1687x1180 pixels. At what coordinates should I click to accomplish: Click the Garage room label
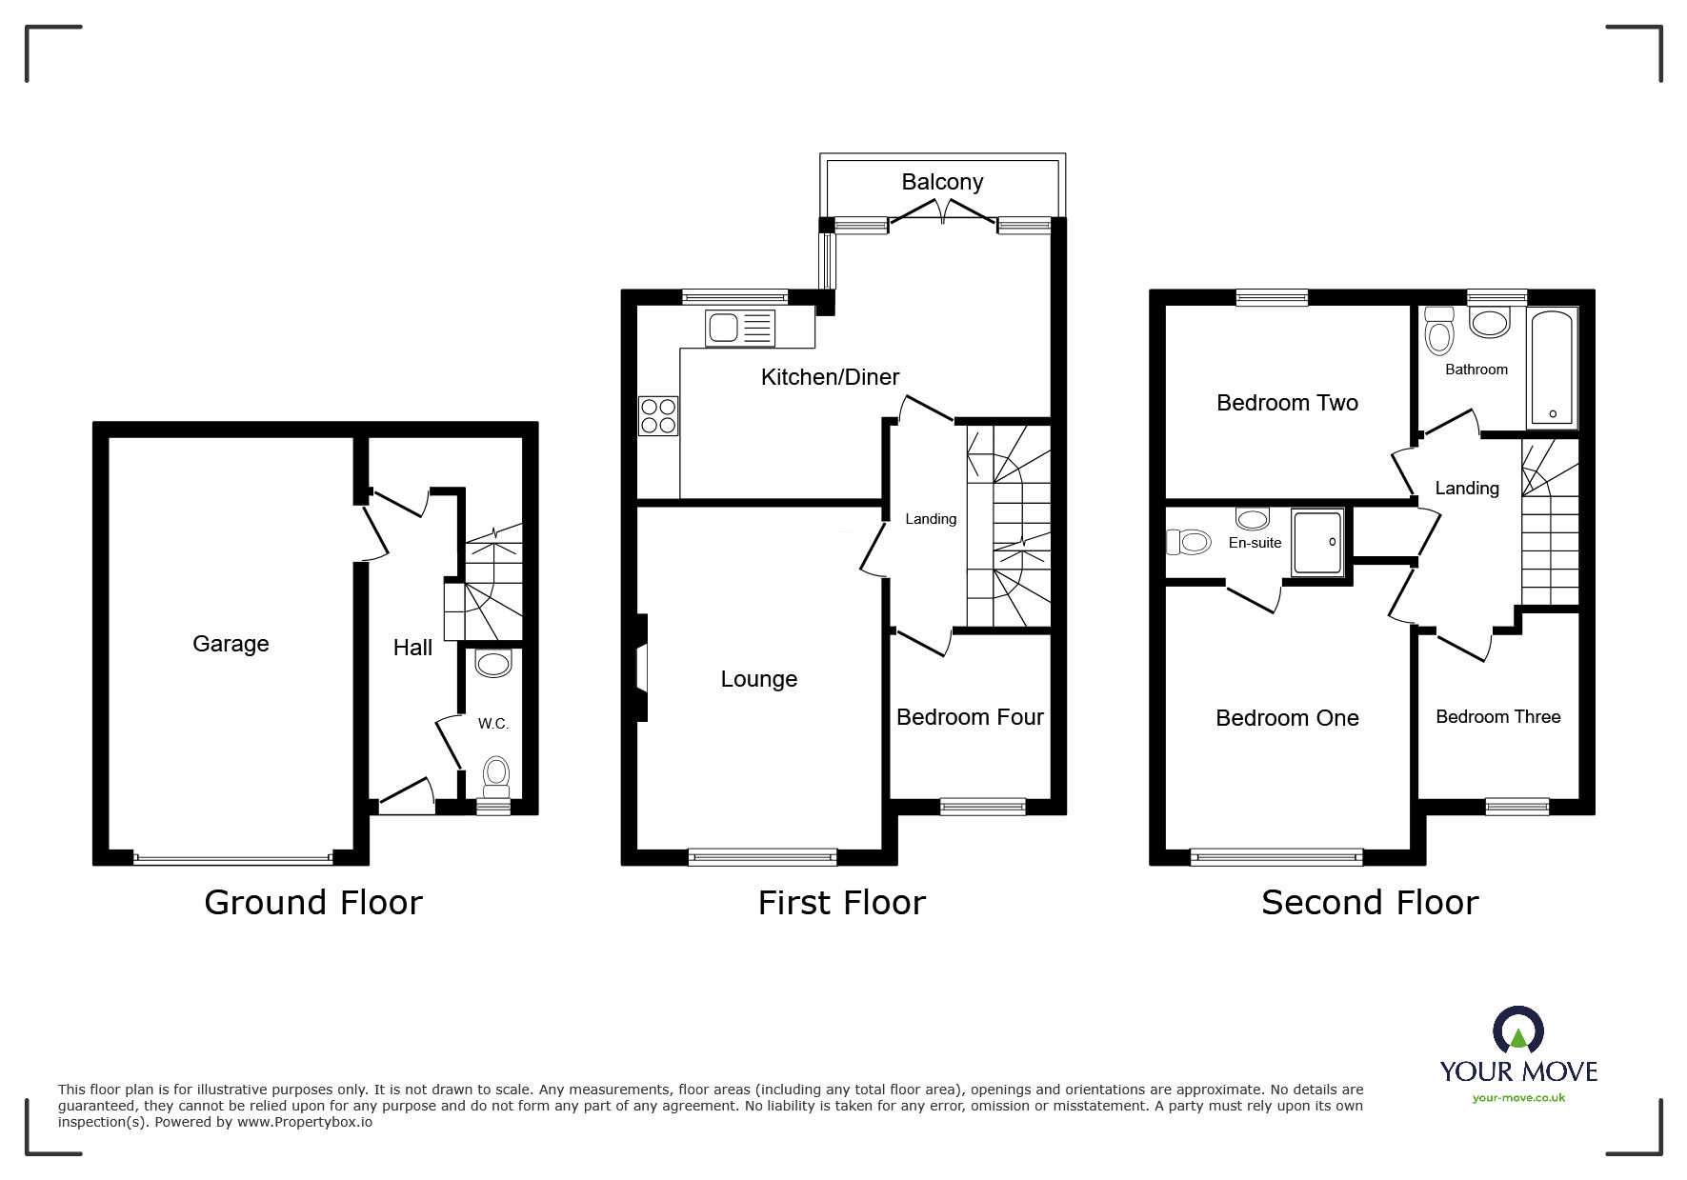(231, 644)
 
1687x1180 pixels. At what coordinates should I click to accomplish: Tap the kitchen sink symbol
(739, 329)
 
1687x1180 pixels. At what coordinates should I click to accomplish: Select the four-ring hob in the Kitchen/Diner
(658, 416)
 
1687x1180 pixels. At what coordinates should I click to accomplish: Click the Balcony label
(942, 182)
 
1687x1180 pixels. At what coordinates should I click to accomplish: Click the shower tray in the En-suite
(1317, 542)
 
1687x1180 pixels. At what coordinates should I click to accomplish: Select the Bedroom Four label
(970, 717)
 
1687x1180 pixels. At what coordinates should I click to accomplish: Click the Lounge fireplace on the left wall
(641, 667)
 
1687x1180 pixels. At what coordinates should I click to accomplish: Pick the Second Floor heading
(1369, 902)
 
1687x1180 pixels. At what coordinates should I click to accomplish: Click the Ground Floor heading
(312, 902)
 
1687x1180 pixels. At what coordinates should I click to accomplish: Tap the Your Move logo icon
(1517, 1030)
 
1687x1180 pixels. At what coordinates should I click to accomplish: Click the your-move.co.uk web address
(1518, 1098)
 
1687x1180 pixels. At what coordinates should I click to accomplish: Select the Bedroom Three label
(1497, 717)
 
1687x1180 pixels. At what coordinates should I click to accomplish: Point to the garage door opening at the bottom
(232, 858)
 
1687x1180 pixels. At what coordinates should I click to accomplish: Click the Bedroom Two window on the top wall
(1272, 298)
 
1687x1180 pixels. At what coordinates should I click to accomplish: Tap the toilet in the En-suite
(1188, 543)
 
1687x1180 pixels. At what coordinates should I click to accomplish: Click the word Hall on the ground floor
(412, 648)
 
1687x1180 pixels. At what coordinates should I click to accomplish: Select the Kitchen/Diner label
(830, 377)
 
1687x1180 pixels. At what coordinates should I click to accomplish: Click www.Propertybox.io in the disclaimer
(305, 1122)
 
